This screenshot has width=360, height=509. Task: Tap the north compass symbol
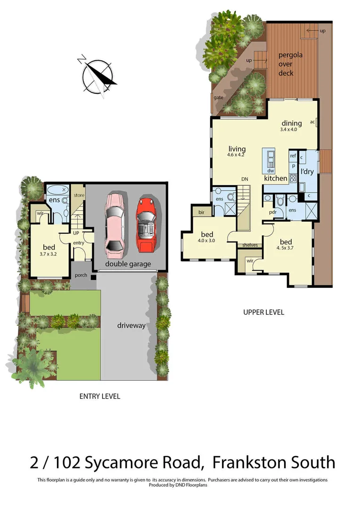pos(98,75)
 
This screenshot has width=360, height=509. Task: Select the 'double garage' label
pos(128,264)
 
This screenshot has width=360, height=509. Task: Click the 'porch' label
pos(81,275)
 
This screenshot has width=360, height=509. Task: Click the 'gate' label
pos(218,98)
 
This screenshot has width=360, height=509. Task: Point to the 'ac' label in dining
pos(312,122)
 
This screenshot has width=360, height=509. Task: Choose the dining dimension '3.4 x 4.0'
pos(288,129)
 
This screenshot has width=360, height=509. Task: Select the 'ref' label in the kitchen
pos(293,156)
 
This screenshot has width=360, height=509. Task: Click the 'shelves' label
pos(249,245)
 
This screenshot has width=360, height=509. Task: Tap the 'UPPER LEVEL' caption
pos(263,312)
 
